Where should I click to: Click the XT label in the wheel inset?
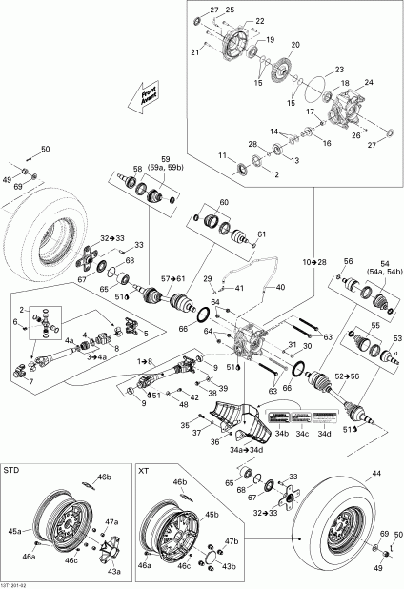(x=145, y=470)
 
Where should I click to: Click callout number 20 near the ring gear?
(x=294, y=45)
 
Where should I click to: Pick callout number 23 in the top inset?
(x=339, y=70)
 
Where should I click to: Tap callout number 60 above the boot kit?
(x=224, y=203)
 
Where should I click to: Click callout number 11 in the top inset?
(x=222, y=155)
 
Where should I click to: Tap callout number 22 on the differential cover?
(x=260, y=20)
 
